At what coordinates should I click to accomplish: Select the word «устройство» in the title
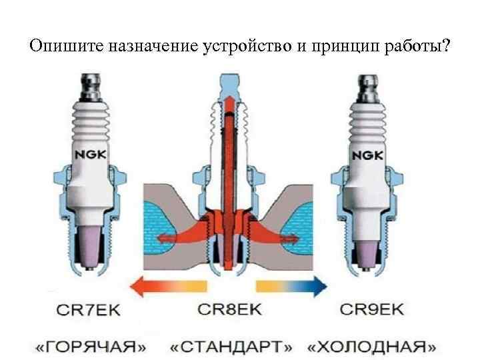[234, 47]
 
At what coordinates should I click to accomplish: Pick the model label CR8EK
[230, 309]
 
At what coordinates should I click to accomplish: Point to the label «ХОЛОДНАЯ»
[372, 347]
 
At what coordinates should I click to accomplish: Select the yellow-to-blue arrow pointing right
[291, 286]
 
